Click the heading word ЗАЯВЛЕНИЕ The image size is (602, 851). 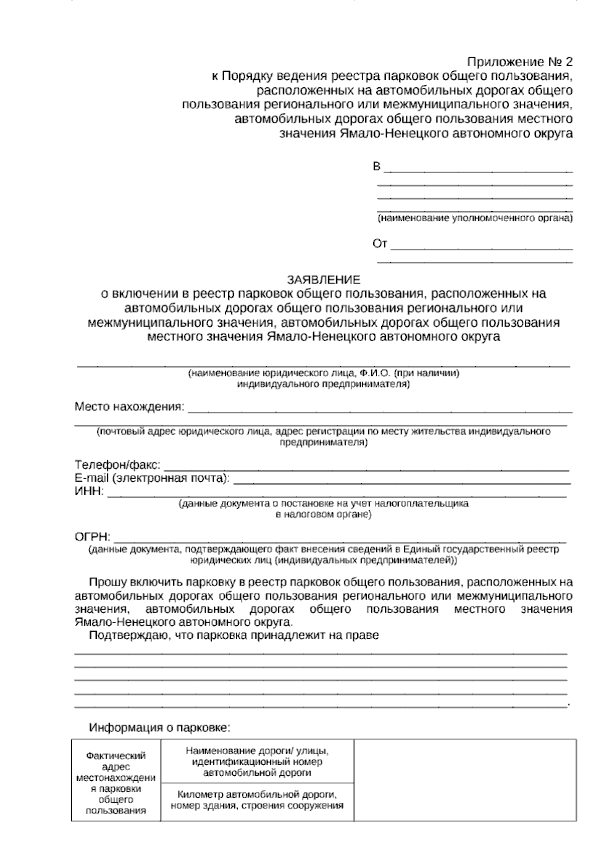point(323,279)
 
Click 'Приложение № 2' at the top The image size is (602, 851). point(519,62)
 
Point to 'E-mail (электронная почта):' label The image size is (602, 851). point(152,478)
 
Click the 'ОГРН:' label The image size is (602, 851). point(92,537)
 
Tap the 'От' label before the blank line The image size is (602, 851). point(380,244)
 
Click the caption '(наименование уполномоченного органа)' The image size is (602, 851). point(475,219)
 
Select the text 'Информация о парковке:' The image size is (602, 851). point(159,727)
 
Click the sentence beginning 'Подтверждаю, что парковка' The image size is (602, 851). point(233,635)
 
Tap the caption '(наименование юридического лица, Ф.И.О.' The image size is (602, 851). point(324,373)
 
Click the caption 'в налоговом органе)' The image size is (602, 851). point(324,514)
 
